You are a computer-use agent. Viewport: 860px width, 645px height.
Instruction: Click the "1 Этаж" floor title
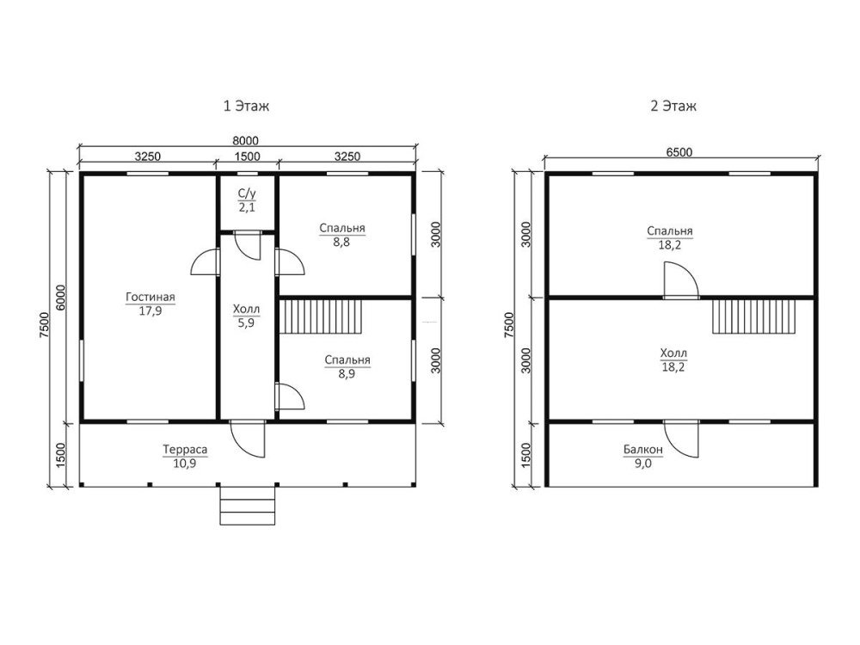[x=246, y=106]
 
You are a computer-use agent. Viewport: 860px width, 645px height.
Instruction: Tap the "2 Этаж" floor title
[x=673, y=106]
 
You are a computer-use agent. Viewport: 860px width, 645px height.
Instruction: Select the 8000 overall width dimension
[x=245, y=141]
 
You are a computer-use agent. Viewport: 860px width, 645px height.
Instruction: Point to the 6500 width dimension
[x=679, y=152]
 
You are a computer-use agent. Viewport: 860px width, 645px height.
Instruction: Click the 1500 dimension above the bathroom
[x=248, y=157]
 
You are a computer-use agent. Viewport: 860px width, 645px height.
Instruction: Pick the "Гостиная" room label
[x=150, y=298]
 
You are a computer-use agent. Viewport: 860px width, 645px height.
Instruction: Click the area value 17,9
[x=150, y=311]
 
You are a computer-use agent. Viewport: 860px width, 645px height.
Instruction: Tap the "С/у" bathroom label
[x=247, y=193]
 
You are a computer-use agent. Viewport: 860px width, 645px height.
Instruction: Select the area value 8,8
[x=341, y=242]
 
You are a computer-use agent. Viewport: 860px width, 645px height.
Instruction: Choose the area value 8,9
[x=347, y=374]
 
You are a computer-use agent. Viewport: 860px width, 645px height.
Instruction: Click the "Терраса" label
[x=185, y=450]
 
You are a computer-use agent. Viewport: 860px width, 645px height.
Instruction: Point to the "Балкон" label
[x=642, y=450]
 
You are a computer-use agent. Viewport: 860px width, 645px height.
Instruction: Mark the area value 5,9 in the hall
[x=246, y=323]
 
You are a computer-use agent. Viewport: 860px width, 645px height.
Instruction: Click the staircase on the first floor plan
[x=321, y=316]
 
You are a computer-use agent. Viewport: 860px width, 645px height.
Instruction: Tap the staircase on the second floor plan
[x=754, y=316]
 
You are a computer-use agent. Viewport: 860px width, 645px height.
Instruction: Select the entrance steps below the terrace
[x=248, y=505]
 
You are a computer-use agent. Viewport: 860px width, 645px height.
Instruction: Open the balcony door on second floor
[x=682, y=439]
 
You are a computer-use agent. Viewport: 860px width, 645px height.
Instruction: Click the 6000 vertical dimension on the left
[x=60, y=298]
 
